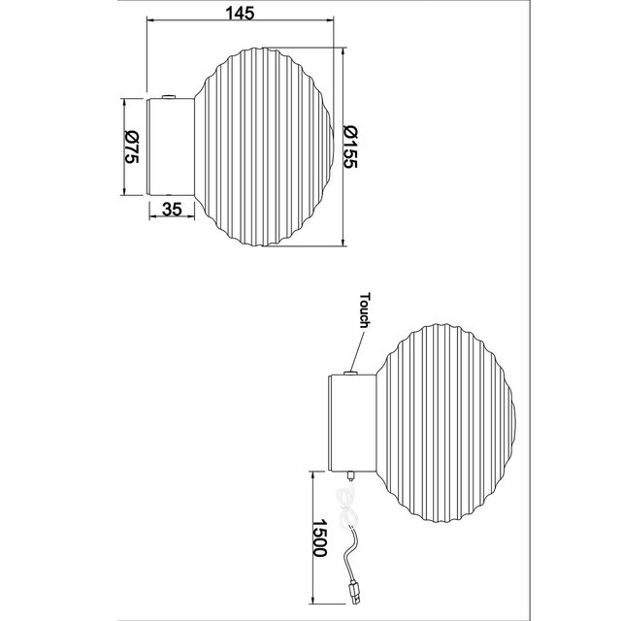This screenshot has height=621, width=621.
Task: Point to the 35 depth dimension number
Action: [173, 209]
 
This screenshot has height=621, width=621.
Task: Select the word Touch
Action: [366, 310]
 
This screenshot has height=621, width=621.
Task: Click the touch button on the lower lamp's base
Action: [350, 371]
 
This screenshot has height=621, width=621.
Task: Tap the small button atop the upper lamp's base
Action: [171, 95]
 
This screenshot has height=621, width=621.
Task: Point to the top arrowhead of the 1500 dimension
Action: [312, 474]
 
